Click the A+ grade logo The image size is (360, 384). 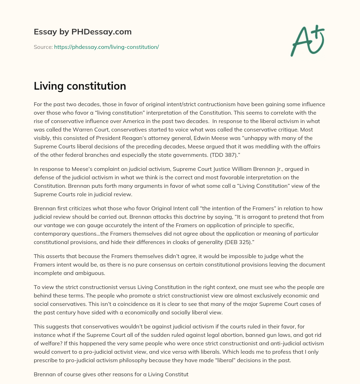coord(308,40)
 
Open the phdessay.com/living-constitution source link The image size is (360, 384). coord(107,47)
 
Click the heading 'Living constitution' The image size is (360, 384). coord(80,86)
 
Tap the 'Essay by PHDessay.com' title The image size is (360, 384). coord(83,32)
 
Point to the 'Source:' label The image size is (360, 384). coord(43,47)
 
